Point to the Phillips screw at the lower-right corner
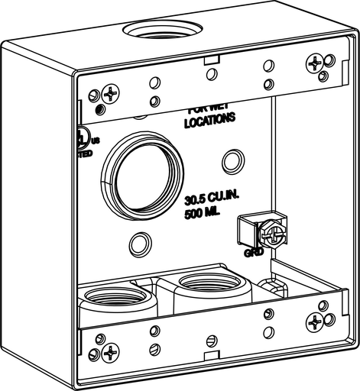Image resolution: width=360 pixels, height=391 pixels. coord(316,323)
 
